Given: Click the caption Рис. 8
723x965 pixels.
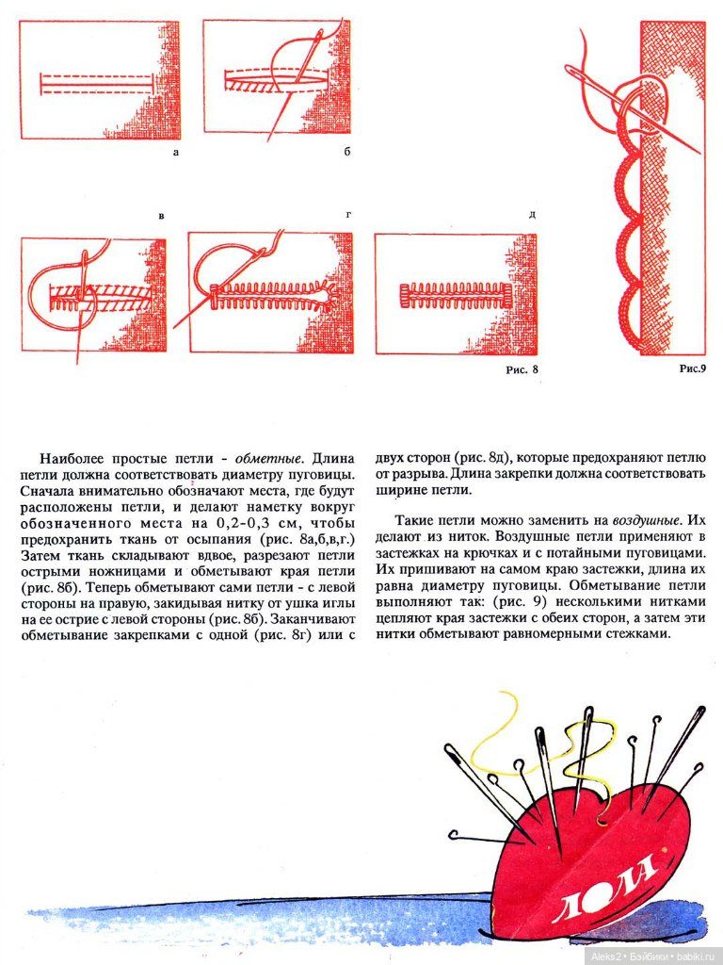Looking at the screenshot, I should click(522, 369).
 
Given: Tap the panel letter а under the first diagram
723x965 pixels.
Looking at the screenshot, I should click(176, 151).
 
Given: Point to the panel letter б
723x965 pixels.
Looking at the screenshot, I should click(346, 151).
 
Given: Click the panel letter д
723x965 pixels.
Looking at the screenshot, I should click(532, 216).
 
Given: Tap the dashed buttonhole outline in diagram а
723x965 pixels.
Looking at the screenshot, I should click(96, 83).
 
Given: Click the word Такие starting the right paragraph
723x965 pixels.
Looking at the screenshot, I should click(414, 519).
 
